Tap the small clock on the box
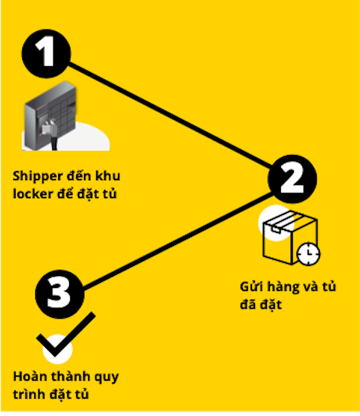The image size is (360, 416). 308,253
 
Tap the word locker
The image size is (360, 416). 30,193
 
